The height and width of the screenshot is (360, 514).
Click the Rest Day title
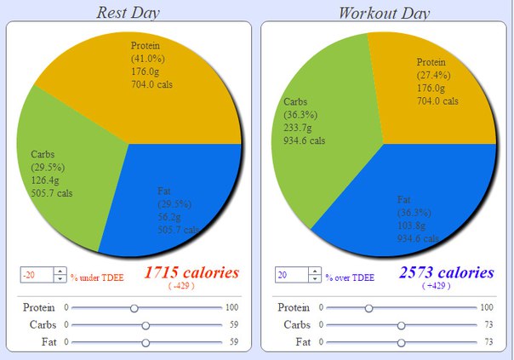pos(128,12)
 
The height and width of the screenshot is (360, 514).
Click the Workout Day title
pos(384,12)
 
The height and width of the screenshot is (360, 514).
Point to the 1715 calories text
pos(191,272)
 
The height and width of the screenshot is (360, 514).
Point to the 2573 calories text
pos(446,272)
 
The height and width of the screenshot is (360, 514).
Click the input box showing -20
pos(37,275)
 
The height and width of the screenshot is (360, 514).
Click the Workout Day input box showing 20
pos(291,275)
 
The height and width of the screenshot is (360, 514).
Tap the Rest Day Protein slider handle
pos(134,307)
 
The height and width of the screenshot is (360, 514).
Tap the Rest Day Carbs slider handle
pos(146,325)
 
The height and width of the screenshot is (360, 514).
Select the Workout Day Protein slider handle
pos(368,307)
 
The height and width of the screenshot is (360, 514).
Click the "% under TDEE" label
pos(96,277)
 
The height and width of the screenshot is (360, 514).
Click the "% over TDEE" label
pos(350,277)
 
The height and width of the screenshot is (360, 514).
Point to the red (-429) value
pos(181,287)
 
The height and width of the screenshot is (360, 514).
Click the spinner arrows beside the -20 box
pos(60,275)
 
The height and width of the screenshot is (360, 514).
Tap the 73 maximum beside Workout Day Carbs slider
pos(488,325)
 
